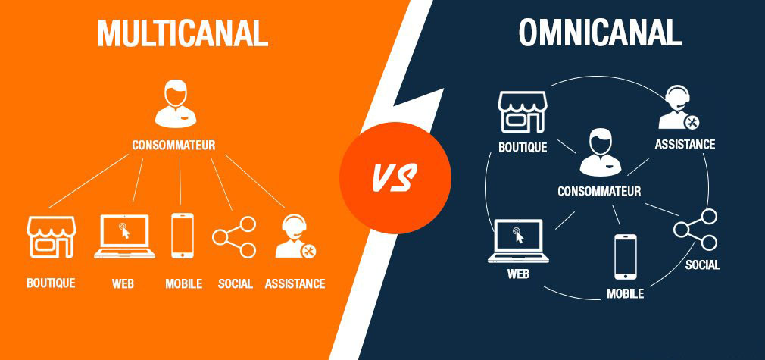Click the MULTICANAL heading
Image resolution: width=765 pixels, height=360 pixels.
[x=183, y=33]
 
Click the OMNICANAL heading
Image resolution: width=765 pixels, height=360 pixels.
[x=600, y=33]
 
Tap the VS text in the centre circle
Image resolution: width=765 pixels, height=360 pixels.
[x=394, y=178]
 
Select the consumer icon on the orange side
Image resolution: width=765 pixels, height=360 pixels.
[x=175, y=104]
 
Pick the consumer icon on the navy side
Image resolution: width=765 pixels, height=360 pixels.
[x=600, y=152]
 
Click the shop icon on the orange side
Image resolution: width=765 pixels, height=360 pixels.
[x=52, y=237]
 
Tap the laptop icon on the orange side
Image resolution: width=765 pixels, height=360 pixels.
[x=124, y=236]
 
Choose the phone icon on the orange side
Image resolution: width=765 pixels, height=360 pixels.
[x=182, y=236]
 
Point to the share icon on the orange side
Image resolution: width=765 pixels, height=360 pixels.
[x=234, y=237]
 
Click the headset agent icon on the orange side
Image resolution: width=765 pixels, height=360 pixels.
[x=295, y=236]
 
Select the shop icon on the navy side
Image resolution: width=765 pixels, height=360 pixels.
[x=523, y=112]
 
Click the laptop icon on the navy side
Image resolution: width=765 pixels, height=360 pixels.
[x=518, y=241]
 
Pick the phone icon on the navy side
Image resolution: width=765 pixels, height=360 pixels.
[x=625, y=257]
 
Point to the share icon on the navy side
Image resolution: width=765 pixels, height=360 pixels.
[x=695, y=230]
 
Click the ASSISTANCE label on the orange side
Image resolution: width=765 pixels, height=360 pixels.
[x=295, y=283]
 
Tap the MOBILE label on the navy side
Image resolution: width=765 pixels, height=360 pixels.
[x=625, y=293]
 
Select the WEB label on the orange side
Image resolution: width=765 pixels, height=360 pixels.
[x=123, y=283]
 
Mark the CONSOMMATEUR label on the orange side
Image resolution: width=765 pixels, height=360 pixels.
[x=173, y=145]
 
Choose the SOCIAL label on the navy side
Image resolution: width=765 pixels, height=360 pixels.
[x=703, y=265]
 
